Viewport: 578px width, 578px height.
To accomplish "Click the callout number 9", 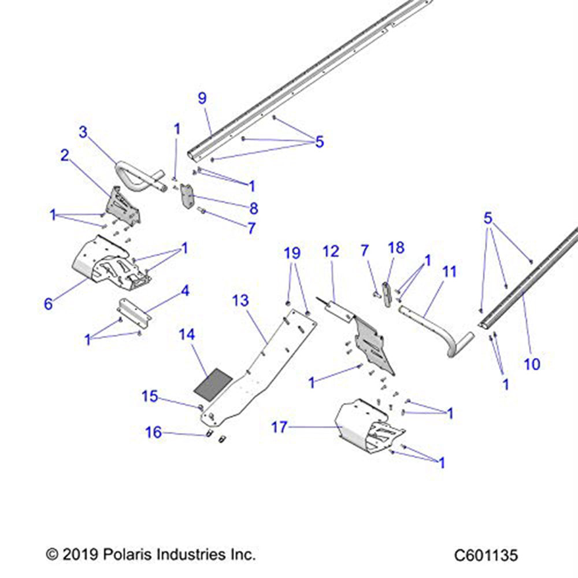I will [202, 98].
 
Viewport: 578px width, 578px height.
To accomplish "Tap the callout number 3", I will [84, 132].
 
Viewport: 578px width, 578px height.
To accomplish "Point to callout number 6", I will [49, 304].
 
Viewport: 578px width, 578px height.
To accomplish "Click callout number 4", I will [185, 291].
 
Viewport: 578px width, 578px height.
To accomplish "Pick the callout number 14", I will [187, 335].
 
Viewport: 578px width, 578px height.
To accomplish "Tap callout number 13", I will [240, 301].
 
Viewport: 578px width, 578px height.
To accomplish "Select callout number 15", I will [150, 396].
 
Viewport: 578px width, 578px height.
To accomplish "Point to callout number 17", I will [279, 428].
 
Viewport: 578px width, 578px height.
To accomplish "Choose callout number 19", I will [293, 253].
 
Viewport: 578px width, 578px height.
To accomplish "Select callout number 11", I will [449, 271].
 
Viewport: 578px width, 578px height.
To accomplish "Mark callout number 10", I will [532, 364].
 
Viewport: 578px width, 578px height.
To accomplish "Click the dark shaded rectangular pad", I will [212, 383].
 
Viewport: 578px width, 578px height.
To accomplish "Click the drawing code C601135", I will [486, 555].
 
